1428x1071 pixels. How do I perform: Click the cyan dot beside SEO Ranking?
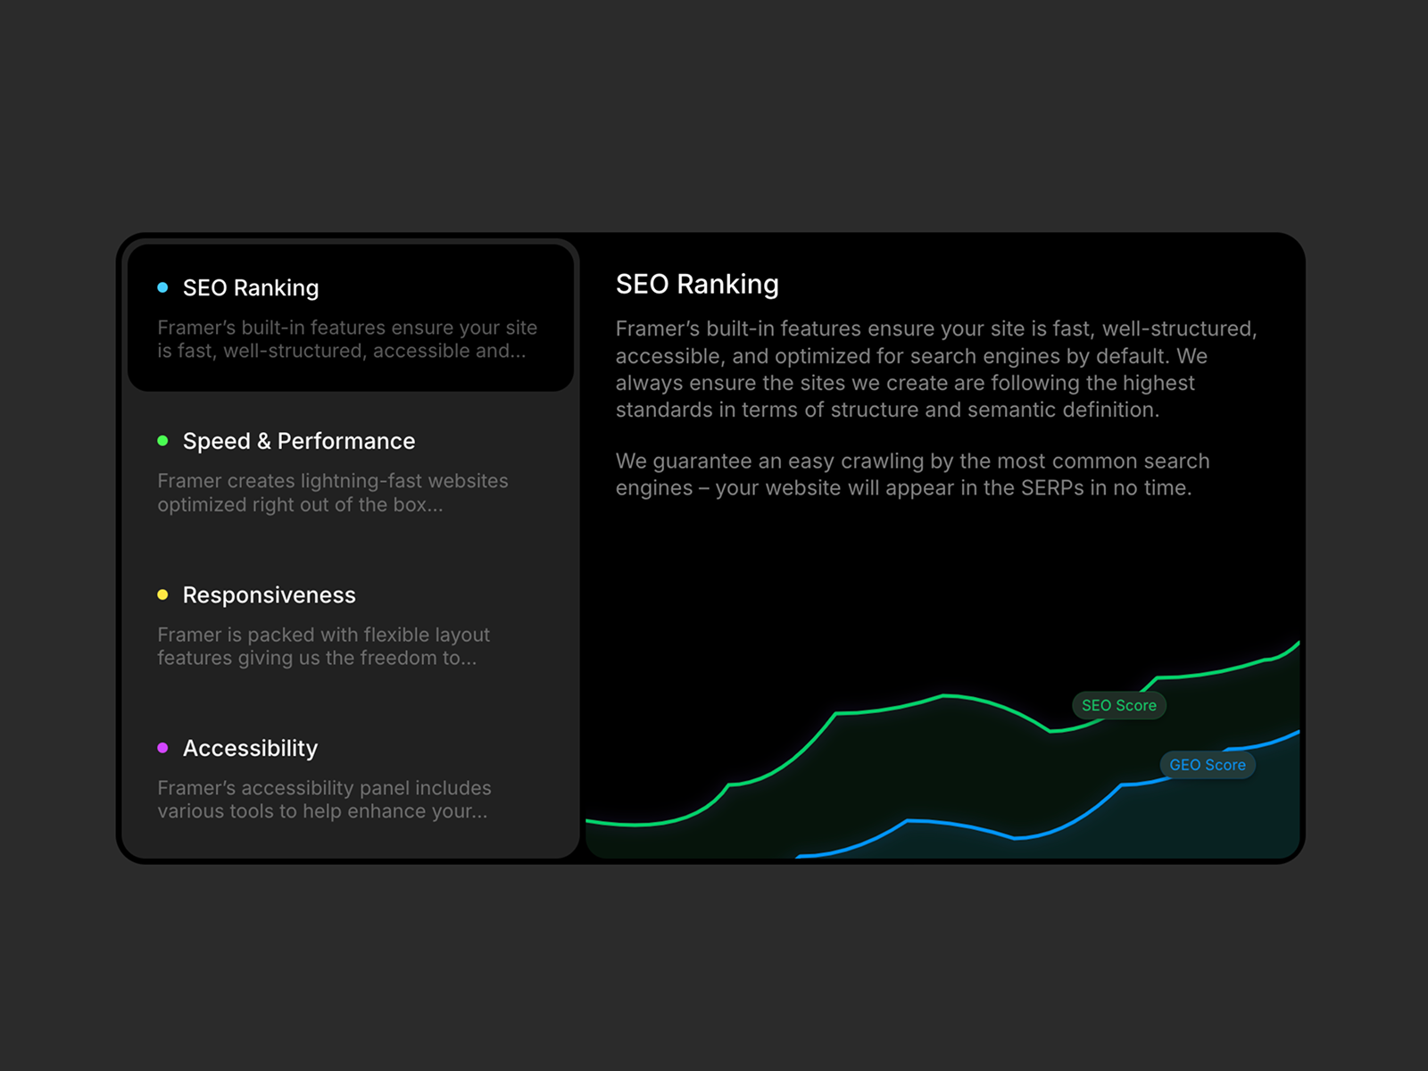point(162,287)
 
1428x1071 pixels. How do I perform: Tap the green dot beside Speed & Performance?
point(162,441)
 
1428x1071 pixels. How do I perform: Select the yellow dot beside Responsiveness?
point(162,594)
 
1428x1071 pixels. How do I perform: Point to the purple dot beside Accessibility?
point(162,748)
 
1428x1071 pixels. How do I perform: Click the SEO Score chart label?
point(1119,706)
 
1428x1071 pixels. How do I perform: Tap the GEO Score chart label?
point(1208,765)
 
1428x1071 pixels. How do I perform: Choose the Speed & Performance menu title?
point(299,442)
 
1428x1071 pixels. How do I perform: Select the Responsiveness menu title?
point(269,595)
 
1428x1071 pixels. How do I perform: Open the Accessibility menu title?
point(251,749)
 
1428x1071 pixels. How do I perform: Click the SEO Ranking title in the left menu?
point(251,288)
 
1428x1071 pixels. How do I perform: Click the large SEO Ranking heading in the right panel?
point(697,285)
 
